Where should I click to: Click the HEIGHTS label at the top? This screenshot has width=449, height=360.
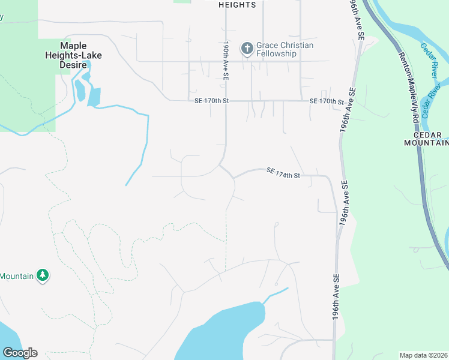(238, 5)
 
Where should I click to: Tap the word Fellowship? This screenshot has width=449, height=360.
(277, 53)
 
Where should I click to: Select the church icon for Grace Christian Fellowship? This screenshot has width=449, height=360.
(247, 49)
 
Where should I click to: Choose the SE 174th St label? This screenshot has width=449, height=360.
(283, 173)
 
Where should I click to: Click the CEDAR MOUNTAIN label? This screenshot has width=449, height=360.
(427, 138)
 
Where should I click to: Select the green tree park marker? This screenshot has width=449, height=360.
(43, 275)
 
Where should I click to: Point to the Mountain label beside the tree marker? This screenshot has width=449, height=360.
(16, 276)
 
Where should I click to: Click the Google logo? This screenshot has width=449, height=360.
(20, 353)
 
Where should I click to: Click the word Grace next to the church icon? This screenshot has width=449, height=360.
(268, 45)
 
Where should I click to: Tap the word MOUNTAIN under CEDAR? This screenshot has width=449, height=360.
(427, 143)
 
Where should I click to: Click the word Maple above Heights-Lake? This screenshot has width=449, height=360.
(73, 46)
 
